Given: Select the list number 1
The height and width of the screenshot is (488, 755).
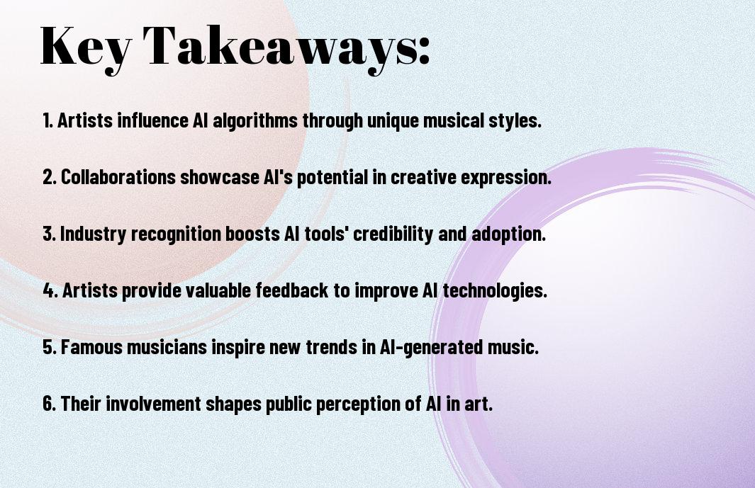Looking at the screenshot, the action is pos(47,120).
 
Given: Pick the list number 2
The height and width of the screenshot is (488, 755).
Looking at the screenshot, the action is pos(49,177).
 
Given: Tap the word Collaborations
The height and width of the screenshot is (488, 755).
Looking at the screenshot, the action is pos(118,177).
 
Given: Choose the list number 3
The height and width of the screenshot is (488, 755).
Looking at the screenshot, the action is pos(49,234).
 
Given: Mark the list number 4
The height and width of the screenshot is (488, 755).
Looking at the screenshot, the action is pos(50,290).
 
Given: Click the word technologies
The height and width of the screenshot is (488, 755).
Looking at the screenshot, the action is pos(495,291).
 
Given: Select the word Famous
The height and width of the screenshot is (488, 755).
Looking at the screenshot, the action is pos(91,347).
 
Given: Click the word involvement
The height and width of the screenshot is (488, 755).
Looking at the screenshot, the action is pos(153,404).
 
